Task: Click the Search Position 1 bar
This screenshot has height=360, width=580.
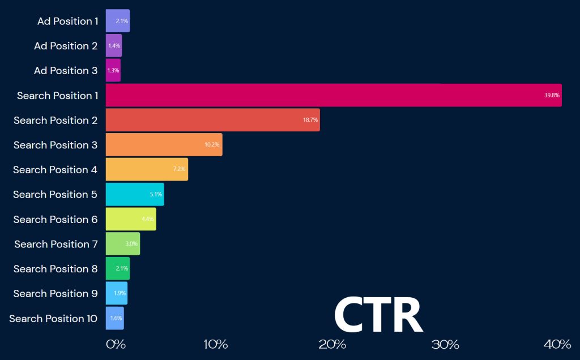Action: click(x=334, y=95)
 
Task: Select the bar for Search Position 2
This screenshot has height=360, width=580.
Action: click(x=212, y=120)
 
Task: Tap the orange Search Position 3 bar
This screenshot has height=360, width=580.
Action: click(x=164, y=145)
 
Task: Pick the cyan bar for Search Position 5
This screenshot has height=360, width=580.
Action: click(x=135, y=194)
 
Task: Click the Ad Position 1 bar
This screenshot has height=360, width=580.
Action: click(x=117, y=21)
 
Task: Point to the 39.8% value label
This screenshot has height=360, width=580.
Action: click(x=552, y=96)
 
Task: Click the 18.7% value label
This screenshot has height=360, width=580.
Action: click(x=310, y=121)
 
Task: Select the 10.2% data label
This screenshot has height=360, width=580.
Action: click(x=212, y=145)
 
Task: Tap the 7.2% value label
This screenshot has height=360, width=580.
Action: click(x=179, y=170)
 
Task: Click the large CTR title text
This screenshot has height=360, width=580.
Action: click(x=378, y=315)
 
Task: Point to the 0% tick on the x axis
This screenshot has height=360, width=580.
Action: click(x=116, y=345)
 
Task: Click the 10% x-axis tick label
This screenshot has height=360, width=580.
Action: click(x=215, y=345)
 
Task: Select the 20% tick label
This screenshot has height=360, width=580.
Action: click(x=332, y=345)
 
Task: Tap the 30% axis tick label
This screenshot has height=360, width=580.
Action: click(x=445, y=345)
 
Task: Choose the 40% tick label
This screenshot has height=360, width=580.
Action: click(x=557, y=345)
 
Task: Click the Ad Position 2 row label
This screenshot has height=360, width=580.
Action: click(x=66, y=46)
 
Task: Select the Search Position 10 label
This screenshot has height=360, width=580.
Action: click(x=53, y=319)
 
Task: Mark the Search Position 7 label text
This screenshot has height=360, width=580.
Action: click(x=56, y=244)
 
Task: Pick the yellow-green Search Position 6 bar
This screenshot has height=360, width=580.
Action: click(x=131, y=219)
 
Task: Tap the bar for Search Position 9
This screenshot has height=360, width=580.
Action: click(x=117, y=293)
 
